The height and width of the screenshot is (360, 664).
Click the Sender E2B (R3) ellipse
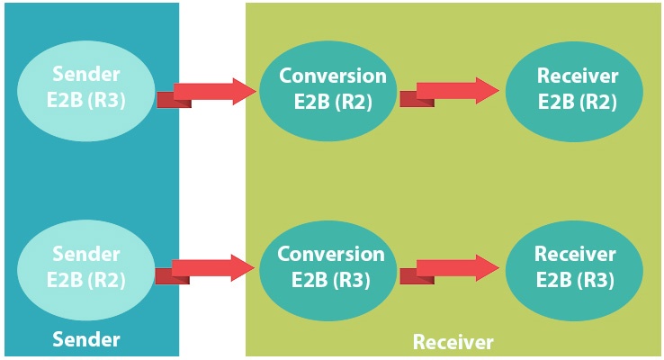point(86,88)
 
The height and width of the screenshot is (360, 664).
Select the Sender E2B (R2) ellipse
point(86,266)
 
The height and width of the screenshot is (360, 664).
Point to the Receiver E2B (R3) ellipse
point(575,266)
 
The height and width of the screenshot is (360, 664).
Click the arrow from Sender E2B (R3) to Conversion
point(210,91)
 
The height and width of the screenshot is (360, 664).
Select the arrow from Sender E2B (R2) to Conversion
point(210,268)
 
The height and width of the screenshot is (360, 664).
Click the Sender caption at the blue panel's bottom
point(86,339)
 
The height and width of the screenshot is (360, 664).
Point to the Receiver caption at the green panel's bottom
point(453,342)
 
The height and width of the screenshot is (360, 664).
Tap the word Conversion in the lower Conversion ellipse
point(331,254)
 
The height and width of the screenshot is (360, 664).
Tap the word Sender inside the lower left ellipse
point(86,254)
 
